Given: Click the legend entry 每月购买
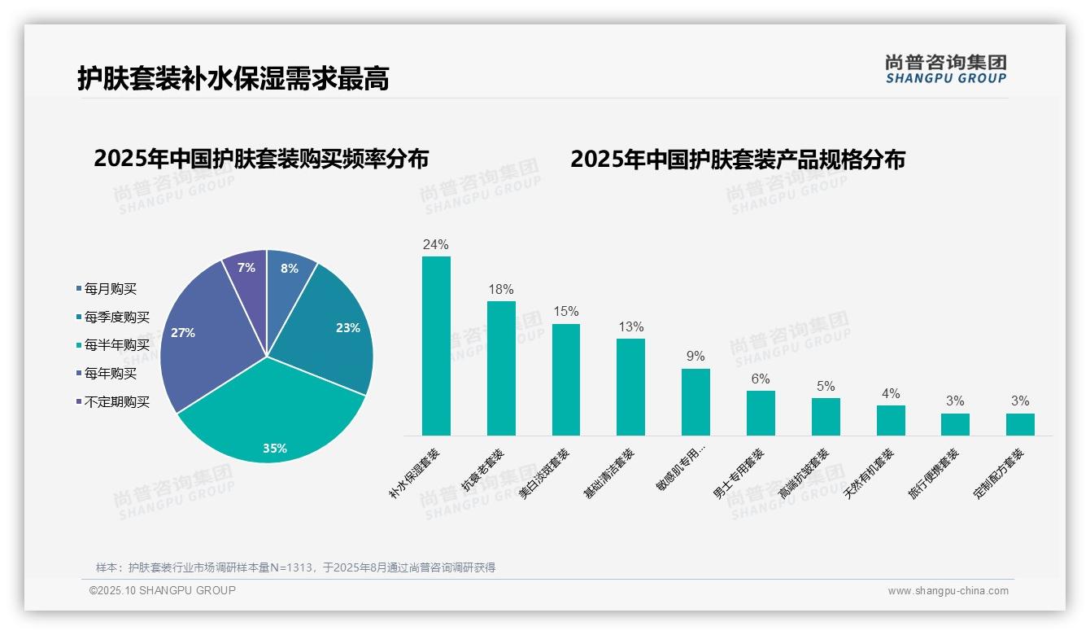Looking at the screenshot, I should pos(111,288).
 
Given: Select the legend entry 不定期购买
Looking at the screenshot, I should pos(116,402).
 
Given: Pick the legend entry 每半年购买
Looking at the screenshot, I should pos(116,345).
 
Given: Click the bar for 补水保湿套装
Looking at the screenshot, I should pos(436,346).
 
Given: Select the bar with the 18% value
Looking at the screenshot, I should pos(501,368).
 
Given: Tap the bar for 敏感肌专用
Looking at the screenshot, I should pos(695,402).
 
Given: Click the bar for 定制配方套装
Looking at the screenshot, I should pos(1020,424).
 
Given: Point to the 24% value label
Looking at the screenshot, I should pos(436,244).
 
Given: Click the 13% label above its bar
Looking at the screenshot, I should pos(630,327).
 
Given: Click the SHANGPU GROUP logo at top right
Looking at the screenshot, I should pos(945,68).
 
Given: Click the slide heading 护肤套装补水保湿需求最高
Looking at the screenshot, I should pos(233,78).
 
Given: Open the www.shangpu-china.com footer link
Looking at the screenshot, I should pos(948,591).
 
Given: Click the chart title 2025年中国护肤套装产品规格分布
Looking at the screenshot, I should pos(737,159).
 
